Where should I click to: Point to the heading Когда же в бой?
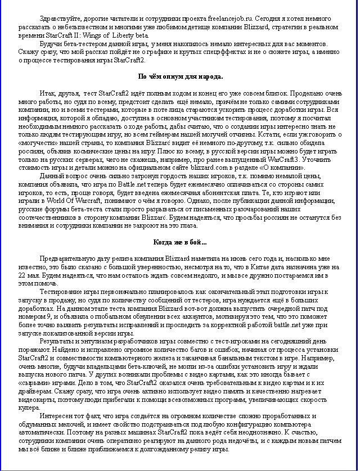tap(180, 242)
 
